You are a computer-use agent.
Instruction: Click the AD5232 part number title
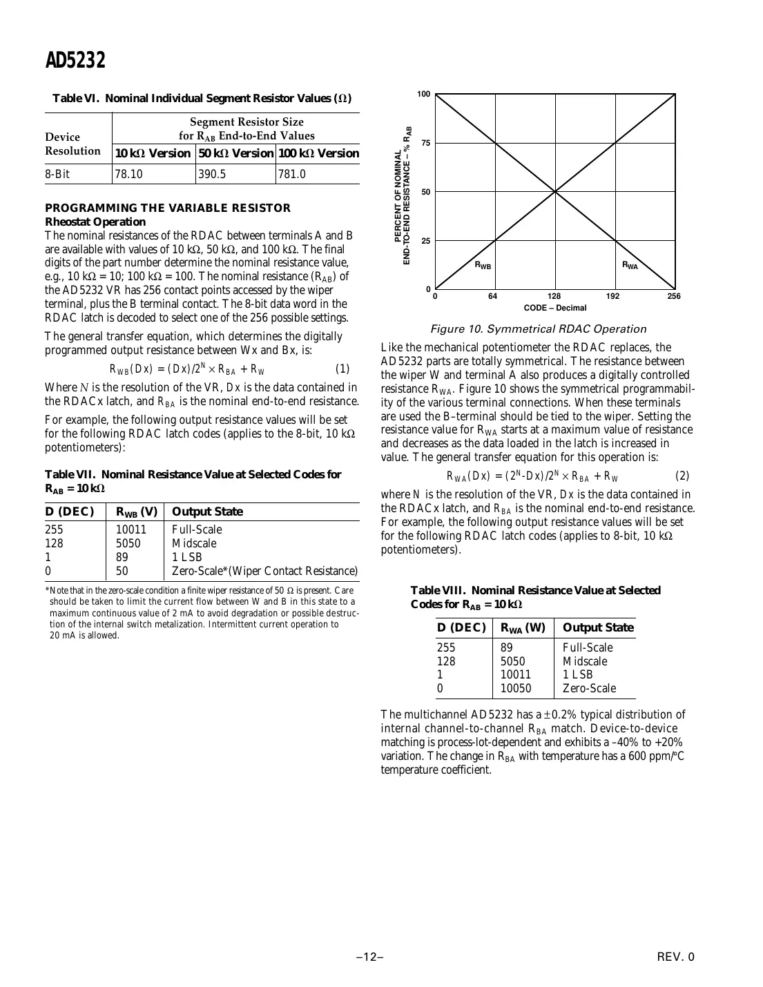[75, 61]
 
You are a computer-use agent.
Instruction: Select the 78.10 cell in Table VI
[129, 175]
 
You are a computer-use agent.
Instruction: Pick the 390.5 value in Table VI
[212, 175]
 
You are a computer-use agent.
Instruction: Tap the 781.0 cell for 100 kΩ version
[292, 175]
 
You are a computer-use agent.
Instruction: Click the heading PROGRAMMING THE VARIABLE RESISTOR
[168, 208]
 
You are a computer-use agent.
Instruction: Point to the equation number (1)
[342, 369]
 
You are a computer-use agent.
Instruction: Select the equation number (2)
[682, 476]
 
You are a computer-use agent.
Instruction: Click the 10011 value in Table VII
[131, 530]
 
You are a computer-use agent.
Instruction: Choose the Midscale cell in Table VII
[194, 544]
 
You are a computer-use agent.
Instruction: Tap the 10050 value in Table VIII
[516, 688]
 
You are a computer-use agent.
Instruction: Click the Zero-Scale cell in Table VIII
[589, 688]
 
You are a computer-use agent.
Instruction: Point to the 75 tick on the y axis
[426, 143]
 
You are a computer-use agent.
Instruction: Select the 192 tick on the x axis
[613, 296]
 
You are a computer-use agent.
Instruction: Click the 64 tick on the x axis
[493, 296]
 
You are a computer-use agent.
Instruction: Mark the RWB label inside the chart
[483, 265]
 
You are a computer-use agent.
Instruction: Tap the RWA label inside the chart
[630, 265]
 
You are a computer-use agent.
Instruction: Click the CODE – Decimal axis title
[555, 308]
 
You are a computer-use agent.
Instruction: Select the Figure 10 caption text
[538, 329]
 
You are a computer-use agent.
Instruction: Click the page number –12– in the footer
[370, 957]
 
